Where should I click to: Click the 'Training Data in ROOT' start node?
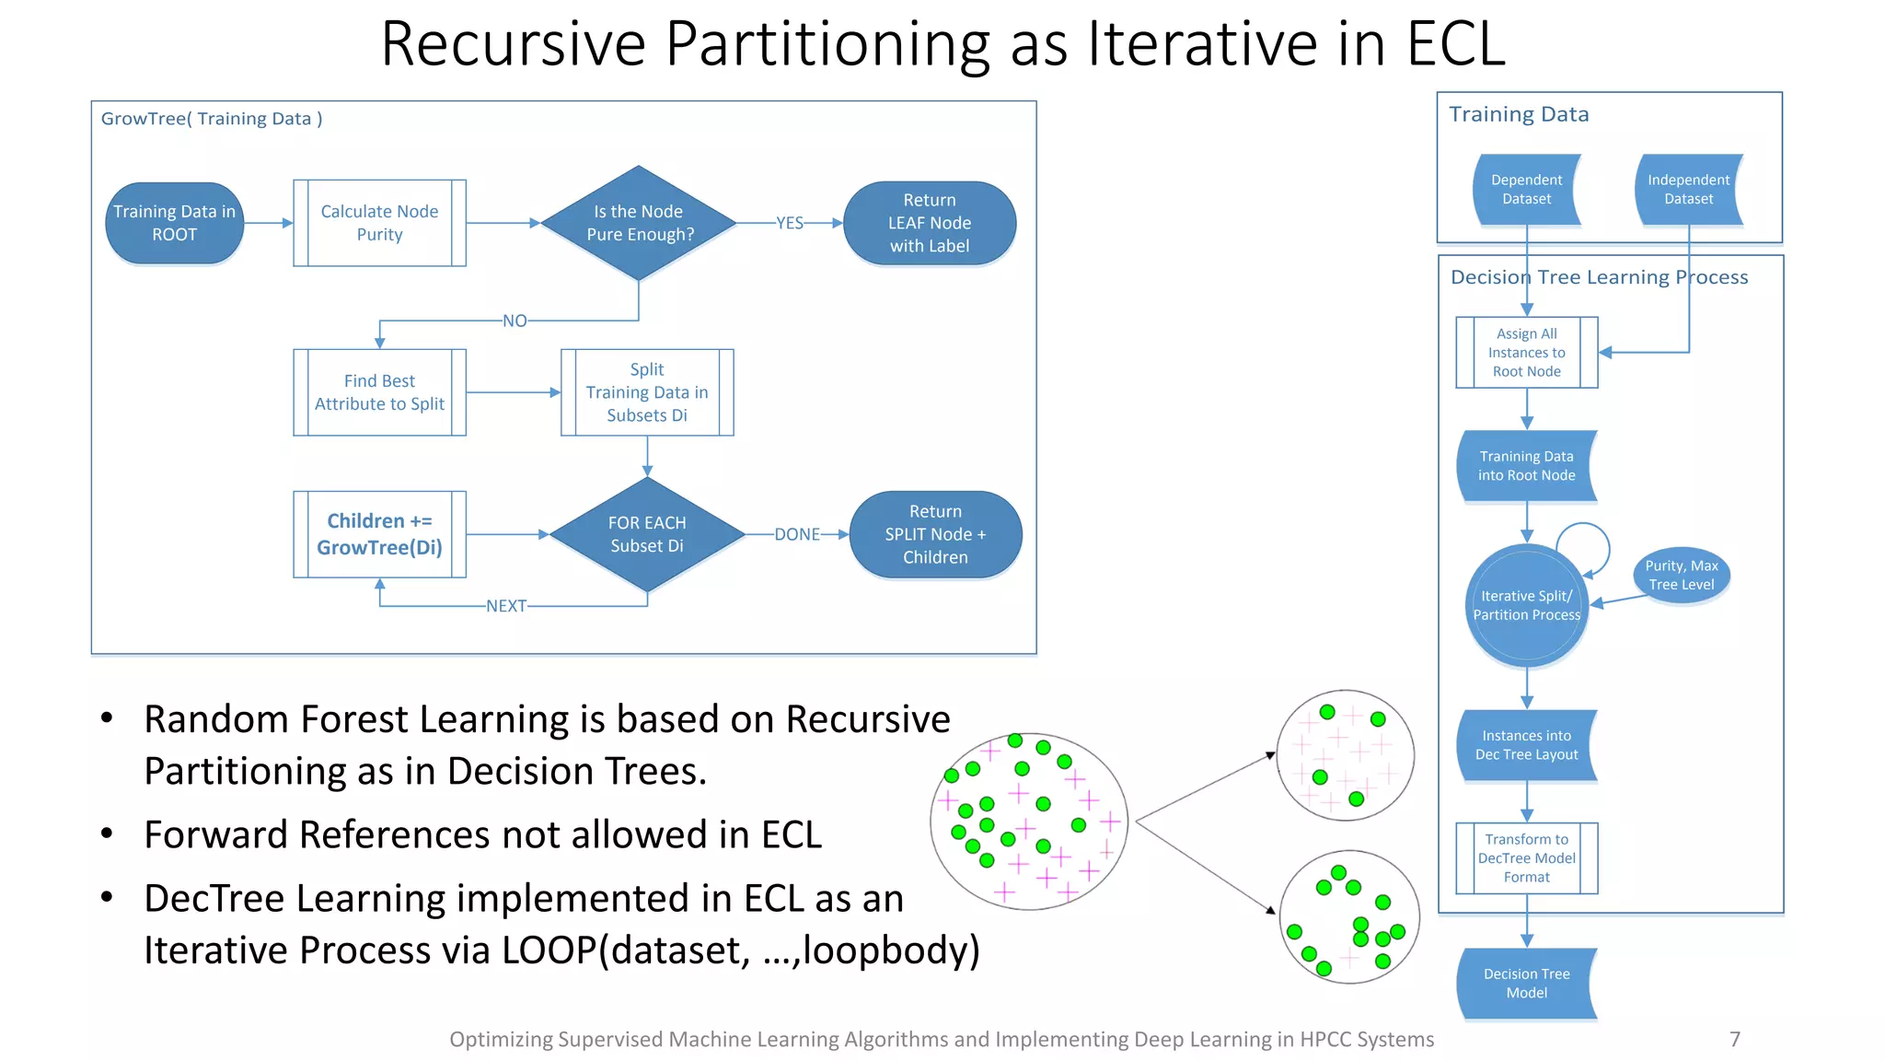click(175, 223)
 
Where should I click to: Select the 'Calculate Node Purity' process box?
click(379, 223)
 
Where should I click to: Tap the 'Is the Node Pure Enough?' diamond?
click(639, 223)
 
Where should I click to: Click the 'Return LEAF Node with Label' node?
click(930, 223)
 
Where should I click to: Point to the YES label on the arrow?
click(790, 223)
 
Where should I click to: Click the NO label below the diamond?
click(515, 321)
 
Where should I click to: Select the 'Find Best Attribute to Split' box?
click(379, 392)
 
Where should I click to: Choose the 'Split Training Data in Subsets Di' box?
click(647, 392)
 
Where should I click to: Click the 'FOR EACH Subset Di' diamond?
click(647, 534)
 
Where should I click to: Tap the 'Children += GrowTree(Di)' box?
click(379, 534)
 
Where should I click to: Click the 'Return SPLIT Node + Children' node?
click(935, 534)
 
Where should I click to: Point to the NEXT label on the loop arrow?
click(506, 606)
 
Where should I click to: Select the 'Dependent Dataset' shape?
click(1526, 190)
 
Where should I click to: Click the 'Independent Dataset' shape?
click(1688, 190)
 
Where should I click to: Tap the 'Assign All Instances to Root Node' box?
click(1526, 353)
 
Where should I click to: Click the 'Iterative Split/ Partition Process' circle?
click(1526, 606)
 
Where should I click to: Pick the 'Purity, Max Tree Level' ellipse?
click(1682, 576)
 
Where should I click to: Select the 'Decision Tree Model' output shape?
click(1526, 984)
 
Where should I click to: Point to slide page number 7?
click(1735, 1039)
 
